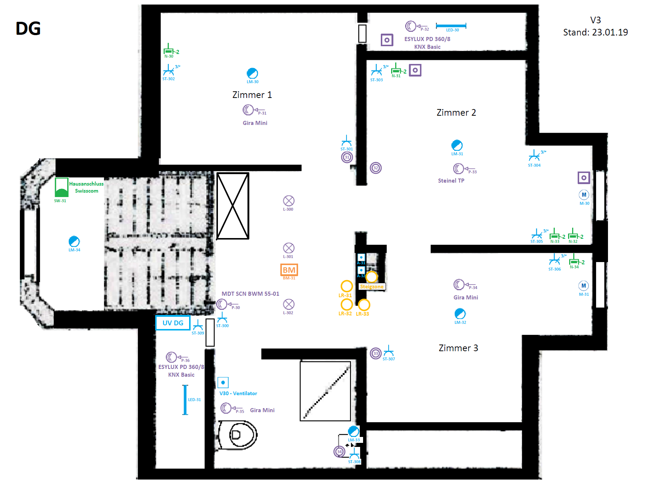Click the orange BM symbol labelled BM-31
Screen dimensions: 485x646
[x=289, y=270]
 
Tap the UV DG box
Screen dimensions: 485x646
[x=173, y=323]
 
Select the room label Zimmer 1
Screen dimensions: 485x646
[x=252, y=95]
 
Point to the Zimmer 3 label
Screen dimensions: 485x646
[x=458, y=348]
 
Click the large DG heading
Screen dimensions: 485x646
[x=28, y=28]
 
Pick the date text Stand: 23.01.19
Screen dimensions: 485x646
[x=595, y=33]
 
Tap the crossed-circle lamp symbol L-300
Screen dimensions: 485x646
[x=288, y=201]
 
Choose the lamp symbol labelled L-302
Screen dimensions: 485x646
[x=288, y=304]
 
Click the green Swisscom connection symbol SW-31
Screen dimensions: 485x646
[x=61, y=187]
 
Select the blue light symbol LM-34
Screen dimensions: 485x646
[x=74, y=241]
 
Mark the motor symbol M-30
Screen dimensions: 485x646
[x=584, y=195]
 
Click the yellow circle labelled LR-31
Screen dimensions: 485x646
[x=346, y=286]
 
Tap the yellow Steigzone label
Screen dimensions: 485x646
[x=372, y=286]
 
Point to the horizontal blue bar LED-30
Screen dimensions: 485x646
[x=451, y=26]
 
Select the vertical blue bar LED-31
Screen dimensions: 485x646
[x=185, y=400]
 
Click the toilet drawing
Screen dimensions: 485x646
[x=238, y=435]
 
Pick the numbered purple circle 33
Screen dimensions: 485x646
[x=375, y=353]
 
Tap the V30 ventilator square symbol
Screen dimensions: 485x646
[x=223, y=383]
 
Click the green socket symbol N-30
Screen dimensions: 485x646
[x=168, y=50]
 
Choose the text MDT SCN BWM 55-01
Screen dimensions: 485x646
[x=250, y=294]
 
